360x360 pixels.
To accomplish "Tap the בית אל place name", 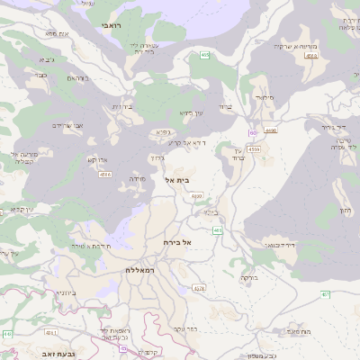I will pyautogui.click(x=178, y=180).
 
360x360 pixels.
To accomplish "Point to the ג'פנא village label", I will pyautogui.click(x=163, y=132).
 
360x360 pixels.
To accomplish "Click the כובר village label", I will pyautogui.click(x=41, y=76).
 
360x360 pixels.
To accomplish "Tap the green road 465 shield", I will pyautogui.click(x=205, y=56).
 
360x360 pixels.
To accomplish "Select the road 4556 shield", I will pyautogui.click(x=105, y=174).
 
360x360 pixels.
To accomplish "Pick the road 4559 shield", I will pyautogui.click(x=254, y=148).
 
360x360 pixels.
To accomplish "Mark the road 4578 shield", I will pyautogui.click(x=199, y=289).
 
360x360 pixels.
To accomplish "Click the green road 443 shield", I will pyautogui.click(x=8, y=334).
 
